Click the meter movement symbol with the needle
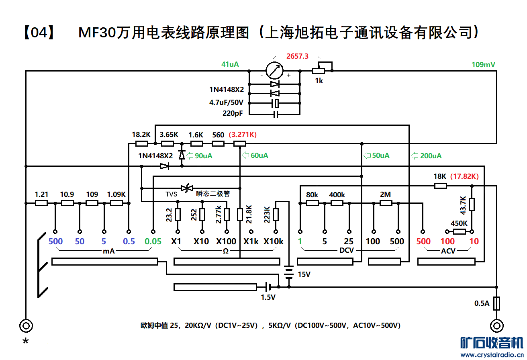click(275, 70)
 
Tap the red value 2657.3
click(297, 57)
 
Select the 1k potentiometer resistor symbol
click(319, 71)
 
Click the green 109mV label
click(483, 64)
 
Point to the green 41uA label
click(230, 64)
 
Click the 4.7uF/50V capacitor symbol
click(275, 103)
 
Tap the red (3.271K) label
click(243, 135)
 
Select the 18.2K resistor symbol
click(141, 143)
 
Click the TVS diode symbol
click(186, 188)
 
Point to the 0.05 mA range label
click(153, 241)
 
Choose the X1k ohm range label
click(251, 241)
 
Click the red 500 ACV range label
click(423, 241)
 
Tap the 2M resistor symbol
click(386, 203)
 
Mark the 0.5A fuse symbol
click(497, 303)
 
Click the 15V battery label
click(304, 274)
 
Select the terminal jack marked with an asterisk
click(26, 325)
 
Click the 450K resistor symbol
click(459, 231)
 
